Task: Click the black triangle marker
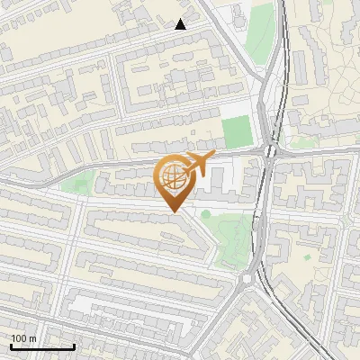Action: coord(181,24)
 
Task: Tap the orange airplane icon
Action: coord(196,165)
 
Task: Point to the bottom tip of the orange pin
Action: coord(174,211)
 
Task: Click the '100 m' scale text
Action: coord(23,338)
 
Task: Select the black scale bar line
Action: coord(41,346)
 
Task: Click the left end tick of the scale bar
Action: coord(10,345)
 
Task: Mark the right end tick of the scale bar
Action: coord(74,345)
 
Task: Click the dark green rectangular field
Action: coord(237,131)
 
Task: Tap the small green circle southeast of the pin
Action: coord(206,213)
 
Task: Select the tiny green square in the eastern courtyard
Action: coord(344,219)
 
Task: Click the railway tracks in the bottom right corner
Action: coord(310,337)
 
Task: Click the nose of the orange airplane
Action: coord(213,157)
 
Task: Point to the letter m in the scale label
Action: coord(32,338)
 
